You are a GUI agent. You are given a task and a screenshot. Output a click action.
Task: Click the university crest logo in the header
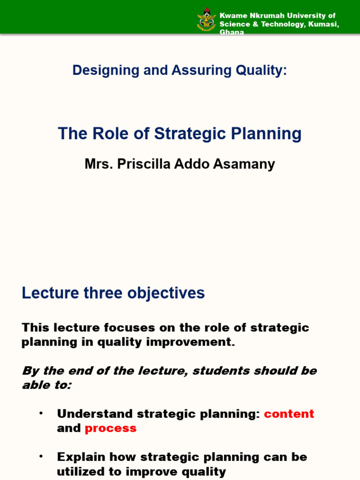point(207,19)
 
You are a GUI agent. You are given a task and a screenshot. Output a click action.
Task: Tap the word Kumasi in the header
point(324,24)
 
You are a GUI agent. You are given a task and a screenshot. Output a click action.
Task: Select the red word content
point(289,414)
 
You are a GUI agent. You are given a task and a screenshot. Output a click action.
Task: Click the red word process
point(111,428)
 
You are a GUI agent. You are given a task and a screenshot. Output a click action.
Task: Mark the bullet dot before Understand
point(41,413)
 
